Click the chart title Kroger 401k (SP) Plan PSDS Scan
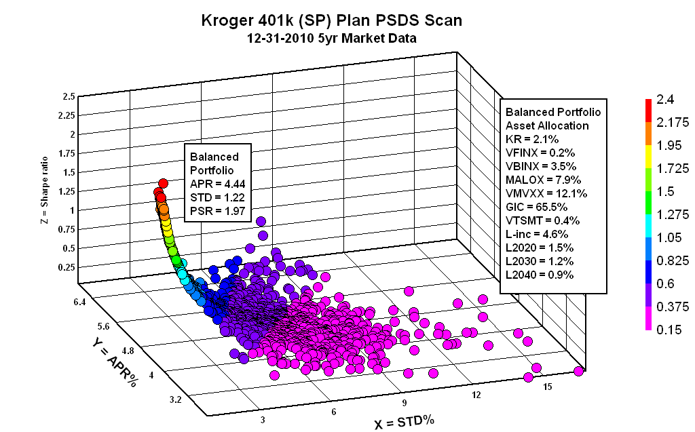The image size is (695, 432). point(332,20)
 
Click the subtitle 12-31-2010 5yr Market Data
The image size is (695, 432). point(332,39)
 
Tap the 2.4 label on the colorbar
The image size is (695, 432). point(669,100)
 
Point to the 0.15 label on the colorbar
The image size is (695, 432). point(669,328)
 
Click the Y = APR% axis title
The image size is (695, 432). point(113,362)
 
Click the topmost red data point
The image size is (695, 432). point(162,184)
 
